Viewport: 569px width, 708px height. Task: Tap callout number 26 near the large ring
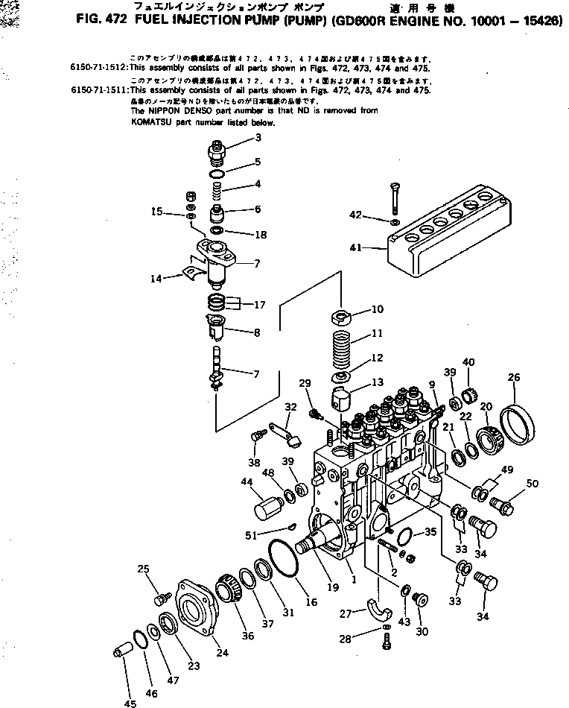(514, 377)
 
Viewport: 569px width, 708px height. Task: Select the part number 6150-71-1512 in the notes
(98, 66)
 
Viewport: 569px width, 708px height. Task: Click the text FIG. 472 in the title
(103, 21)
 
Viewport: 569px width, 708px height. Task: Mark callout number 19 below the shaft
(333, 587)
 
